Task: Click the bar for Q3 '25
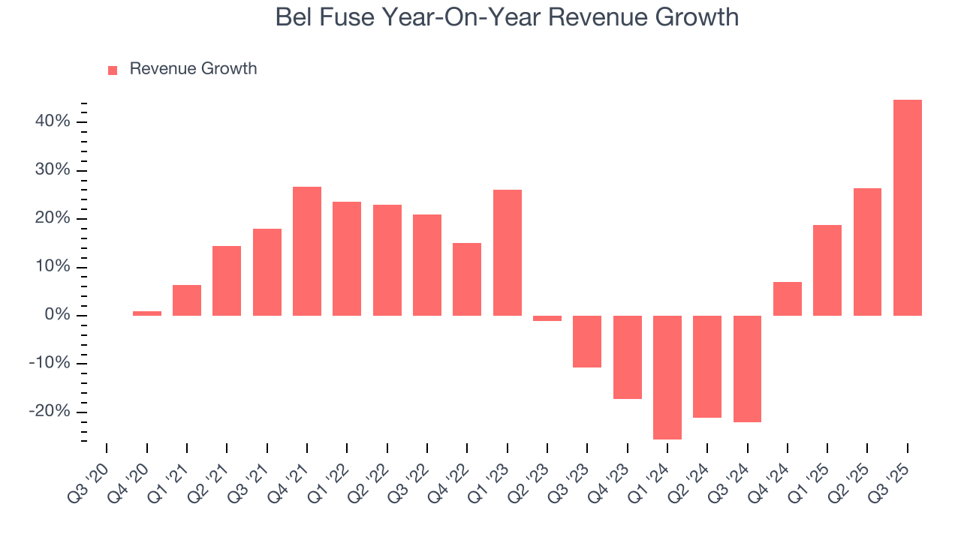coord(907,208)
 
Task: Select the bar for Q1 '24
coord(667,377)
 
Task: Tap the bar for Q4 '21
coord(306,251)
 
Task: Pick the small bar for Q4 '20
coord(146,313)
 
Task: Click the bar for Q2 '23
coord(547,318)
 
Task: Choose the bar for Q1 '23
coord(507,253)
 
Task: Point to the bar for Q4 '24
coord(787,298)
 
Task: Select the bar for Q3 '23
coord(587,341)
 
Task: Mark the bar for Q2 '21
coord(227,280)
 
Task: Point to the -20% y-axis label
coord(50,412)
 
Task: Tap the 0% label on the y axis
coord(57,315)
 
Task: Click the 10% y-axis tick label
coord(53,267)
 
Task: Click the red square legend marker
coord(113,70)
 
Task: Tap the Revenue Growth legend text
coord(193,69)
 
